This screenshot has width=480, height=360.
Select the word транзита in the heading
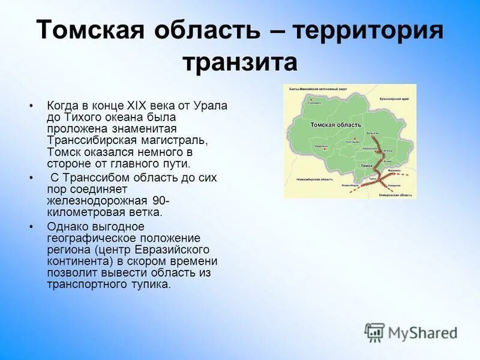click(x=240, y=62)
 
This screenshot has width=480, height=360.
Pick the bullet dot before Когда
click(x=31, y=106)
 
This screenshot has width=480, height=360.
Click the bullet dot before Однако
click(x=31, y=227)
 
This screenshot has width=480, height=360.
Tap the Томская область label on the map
click(x=335, y=125)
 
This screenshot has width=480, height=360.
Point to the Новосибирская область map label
click(x=315, y=180)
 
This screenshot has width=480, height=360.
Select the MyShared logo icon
click(x=374, y=332)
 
